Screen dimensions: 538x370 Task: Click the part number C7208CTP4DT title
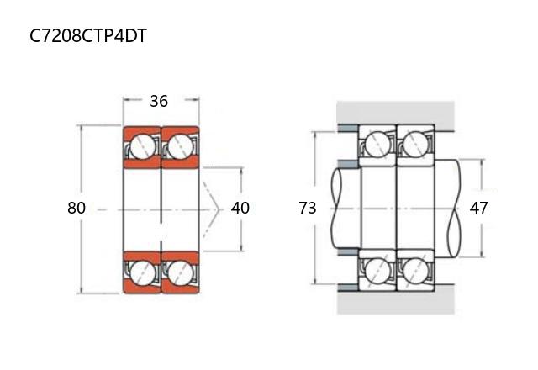88,35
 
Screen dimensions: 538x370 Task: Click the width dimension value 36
159,101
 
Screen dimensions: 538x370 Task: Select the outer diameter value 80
76,208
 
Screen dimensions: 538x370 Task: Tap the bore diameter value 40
240,208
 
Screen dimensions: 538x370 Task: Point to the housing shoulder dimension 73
307,208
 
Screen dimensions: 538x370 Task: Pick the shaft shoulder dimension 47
478,208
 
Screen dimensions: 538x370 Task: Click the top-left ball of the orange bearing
142,145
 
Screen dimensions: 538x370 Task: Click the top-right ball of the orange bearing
180,145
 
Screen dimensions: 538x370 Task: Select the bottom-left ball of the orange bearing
142,272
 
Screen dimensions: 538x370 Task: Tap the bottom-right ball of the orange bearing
180,272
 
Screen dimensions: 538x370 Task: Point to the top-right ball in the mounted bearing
414,145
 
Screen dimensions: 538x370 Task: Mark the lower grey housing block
396,303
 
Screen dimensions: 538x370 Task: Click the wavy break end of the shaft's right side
454,209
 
